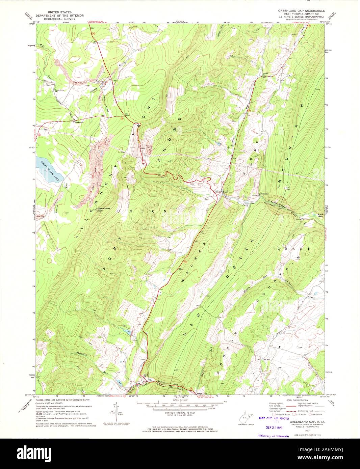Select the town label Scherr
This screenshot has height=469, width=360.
226,192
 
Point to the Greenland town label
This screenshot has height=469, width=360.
263,194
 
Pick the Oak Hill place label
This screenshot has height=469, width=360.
266,360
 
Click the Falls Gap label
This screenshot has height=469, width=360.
321,216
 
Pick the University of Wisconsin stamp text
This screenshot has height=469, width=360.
274,436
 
